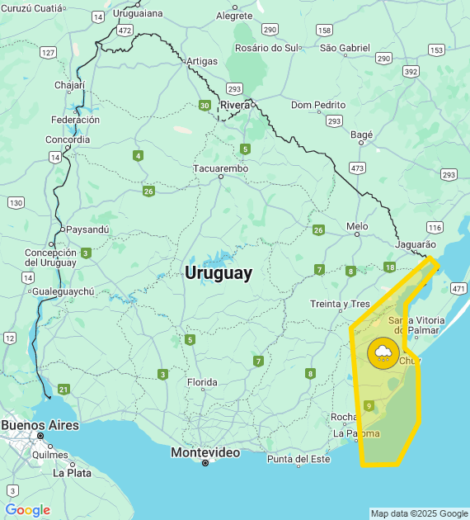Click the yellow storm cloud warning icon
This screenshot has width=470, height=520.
coord(383,354)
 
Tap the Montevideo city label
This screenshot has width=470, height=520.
coord(205,452)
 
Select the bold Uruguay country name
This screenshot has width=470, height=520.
coord(219,273)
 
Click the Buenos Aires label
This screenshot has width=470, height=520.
coord(40,425)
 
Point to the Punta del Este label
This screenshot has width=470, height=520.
coord(298,459)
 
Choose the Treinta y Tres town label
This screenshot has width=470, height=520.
coord(341,304)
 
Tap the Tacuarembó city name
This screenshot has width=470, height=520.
coord(220,168)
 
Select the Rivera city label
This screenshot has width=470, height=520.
coord(235,105)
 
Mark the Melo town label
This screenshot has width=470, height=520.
coord(357,225)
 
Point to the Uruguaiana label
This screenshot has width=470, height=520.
coord(138,14)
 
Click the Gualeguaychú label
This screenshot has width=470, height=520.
coord(63,291)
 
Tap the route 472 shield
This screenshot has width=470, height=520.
coord(125,30)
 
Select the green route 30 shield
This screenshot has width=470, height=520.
coord(204,105)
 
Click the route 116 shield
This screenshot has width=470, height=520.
coord(435,227)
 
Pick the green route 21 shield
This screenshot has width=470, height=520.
coord(63,389)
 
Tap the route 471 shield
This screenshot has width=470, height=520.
coord(458,288)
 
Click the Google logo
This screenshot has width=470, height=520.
coord(27,510)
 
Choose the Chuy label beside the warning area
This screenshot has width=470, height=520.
coord(410,360)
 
